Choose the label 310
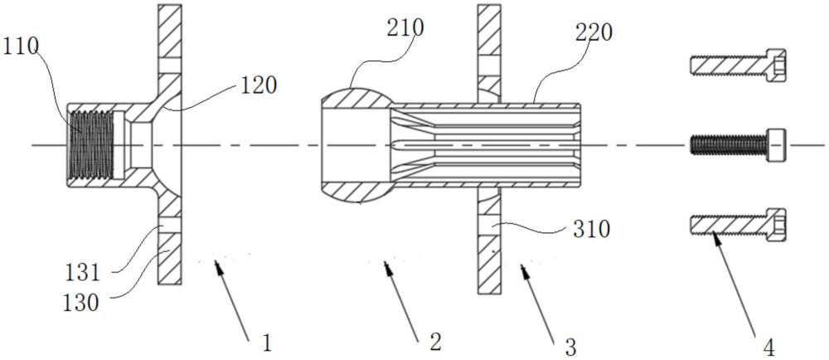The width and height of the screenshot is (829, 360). [591, 228]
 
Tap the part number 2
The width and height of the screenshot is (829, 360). [435, 342]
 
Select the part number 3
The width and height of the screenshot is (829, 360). [570, 344]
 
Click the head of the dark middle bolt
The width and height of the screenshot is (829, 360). [775, 144]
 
